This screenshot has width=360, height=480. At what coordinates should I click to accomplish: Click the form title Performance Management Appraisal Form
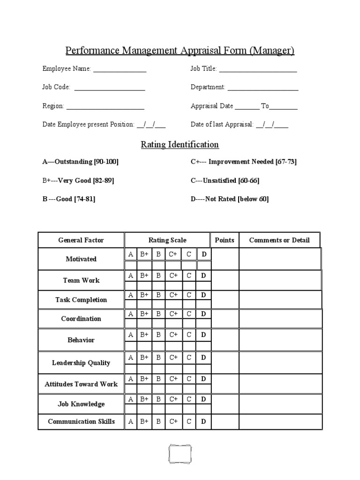[x=180, y=51]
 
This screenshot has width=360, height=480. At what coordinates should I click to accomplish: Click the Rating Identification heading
[x=180, y=144]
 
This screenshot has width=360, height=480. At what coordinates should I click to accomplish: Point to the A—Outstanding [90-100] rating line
[x=81, y=162]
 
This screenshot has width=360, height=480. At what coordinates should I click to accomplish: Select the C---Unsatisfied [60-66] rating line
[x=225, y=180]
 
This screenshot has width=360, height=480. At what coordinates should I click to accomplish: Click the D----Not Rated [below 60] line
[x=230, y=199]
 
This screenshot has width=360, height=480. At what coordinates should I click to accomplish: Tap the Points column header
[x=225, y=240]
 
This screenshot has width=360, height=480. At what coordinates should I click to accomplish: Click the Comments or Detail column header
[x=279, y=240]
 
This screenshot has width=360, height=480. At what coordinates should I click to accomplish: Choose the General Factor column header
[x=81, y=240]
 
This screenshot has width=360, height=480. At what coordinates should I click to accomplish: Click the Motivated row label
[x=81, y=259]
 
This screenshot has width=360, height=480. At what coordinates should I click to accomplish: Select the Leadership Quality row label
[x=81, y=363]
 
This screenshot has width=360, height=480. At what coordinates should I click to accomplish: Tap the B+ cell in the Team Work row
[x=144, y=276]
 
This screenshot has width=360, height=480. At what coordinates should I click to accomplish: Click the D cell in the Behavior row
[x=203, y=335]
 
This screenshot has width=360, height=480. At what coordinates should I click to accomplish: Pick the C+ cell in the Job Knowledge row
[x=173, y=399]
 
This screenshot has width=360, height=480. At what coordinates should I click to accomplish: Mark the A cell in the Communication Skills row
[x=130, y=421]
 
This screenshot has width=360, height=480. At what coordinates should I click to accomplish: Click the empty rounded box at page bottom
[x=180, y=454]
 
